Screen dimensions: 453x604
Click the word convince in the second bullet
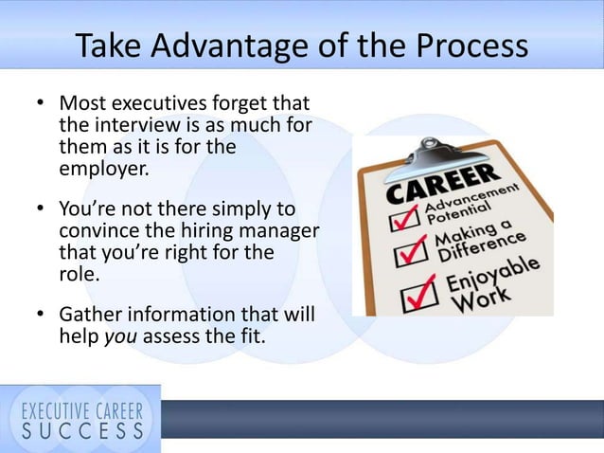(x=98, y=231)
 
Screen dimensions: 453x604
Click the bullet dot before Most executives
(x=39, y=102)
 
